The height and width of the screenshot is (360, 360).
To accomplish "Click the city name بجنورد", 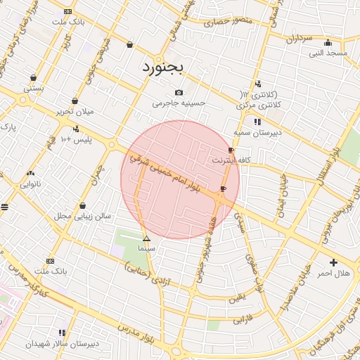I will pos(162,68).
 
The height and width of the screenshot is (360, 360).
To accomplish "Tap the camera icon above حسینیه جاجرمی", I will pos(179,92).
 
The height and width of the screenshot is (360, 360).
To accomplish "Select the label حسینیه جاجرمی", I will pos(179,103).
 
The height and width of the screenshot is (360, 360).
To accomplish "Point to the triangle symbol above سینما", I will pos(146,239).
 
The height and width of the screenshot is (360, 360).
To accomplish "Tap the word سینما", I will pos(146,248).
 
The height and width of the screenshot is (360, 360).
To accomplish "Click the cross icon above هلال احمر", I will pos(333,262).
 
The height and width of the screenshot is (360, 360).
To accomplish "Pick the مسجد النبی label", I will pos(328,53).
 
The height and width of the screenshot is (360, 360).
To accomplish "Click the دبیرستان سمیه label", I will pos(257,131).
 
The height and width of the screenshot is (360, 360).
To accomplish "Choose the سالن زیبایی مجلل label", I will pos(83,216).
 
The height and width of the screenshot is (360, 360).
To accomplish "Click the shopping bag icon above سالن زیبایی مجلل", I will pos(83,206).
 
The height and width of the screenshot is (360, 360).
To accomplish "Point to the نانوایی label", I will pos(30,184).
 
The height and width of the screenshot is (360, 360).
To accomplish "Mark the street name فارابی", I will pos(241,319).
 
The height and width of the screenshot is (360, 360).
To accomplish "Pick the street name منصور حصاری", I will pos(227,22).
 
